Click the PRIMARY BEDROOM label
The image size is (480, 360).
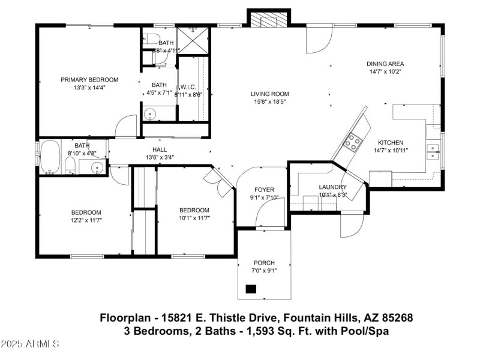89,79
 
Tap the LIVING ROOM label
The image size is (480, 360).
270,94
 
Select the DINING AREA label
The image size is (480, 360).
385,64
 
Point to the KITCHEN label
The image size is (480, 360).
390,143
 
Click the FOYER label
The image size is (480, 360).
264,190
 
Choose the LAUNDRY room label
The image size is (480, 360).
332,187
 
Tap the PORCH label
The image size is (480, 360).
264,263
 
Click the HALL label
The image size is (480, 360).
160,150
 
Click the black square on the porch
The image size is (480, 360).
251,289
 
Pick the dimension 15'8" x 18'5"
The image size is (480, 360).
270,101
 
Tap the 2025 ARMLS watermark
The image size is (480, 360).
30,344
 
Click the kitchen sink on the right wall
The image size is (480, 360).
433,151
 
